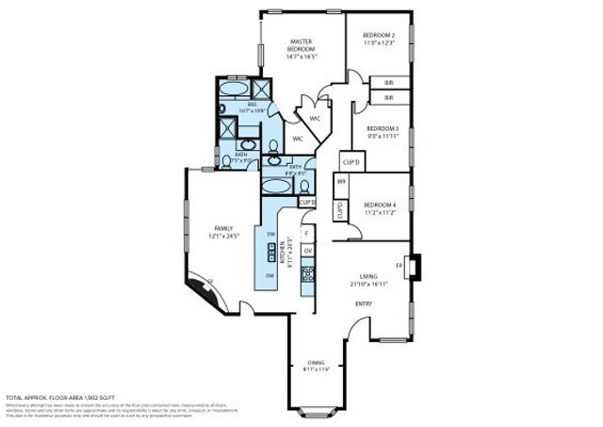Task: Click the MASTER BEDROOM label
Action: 301,43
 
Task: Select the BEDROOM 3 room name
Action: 383,128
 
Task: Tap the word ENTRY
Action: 363,304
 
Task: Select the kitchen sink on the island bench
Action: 272,254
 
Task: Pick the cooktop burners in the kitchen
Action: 307,273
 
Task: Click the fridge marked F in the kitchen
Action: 306,232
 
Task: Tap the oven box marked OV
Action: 306,250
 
